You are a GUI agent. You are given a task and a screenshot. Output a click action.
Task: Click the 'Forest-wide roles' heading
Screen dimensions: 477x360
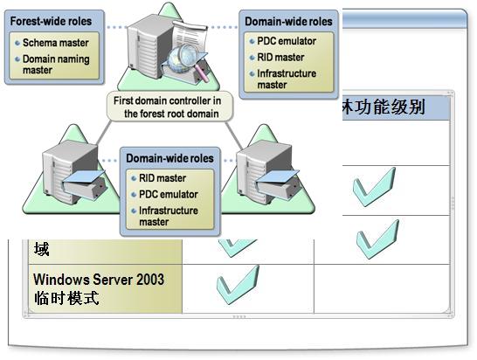pos(51,21)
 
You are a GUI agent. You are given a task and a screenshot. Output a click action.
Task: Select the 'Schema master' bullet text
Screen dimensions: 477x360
pos(56,43)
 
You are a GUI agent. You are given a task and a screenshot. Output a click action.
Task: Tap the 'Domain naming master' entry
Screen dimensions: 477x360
pos(56,64)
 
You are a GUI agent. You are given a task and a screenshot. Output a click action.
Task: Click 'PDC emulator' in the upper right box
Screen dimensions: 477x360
pos(287,41)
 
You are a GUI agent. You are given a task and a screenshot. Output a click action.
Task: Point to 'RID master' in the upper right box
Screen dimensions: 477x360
pos(280,57)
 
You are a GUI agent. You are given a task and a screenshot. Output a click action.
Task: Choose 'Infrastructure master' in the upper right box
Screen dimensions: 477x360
pos(287,79)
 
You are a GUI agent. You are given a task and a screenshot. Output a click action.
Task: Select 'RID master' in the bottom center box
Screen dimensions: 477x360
pos(162,178)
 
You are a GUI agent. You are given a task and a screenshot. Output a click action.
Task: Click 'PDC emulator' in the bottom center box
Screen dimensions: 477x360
pos(169,194)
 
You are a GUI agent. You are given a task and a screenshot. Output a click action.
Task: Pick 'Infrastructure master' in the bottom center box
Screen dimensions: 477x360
pos(169,216)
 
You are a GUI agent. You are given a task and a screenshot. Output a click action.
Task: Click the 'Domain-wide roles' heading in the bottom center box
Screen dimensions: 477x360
pos(169,158)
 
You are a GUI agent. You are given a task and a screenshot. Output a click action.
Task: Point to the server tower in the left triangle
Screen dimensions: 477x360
pos(71,172)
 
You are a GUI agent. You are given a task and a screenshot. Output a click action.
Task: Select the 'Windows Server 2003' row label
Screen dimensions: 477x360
pos(99,280)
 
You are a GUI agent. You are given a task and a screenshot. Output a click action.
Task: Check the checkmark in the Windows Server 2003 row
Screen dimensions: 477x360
pos(238,285)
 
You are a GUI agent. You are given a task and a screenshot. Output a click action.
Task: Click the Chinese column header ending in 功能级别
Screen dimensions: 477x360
pos(384,107)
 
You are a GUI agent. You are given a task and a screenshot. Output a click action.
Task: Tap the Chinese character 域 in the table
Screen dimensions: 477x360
pos(41,249)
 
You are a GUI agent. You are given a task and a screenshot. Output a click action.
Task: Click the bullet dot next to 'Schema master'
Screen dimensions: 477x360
pos(17,43)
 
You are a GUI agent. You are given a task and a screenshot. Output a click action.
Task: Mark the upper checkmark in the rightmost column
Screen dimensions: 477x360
pos(375,187)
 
